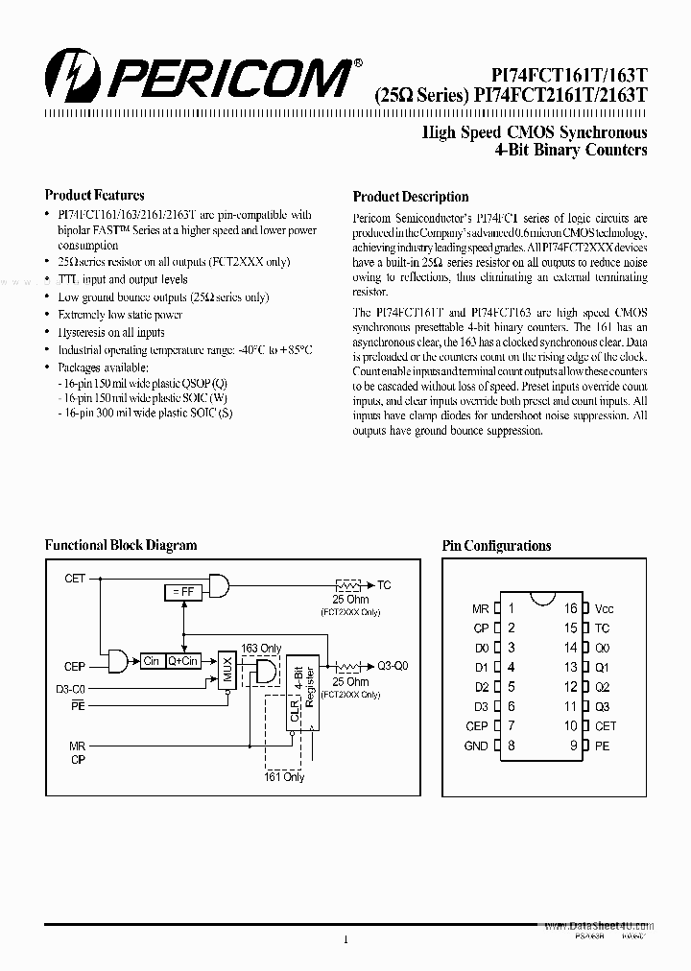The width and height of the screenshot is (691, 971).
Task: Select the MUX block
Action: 227,665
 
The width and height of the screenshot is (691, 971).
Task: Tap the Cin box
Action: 152,661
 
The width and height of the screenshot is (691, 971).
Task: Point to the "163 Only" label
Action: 261,648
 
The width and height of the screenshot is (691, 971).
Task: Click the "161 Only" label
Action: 284,776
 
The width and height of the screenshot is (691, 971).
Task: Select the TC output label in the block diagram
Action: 385,584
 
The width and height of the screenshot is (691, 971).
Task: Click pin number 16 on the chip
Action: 570,608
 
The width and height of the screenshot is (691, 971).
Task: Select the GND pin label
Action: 476,746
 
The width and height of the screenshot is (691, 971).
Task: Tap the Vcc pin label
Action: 604,609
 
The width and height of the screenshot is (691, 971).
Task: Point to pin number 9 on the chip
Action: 573,746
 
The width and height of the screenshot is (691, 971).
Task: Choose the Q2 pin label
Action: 602,687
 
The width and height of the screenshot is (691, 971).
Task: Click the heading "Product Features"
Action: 95,195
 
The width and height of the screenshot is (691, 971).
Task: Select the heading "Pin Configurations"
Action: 496,546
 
